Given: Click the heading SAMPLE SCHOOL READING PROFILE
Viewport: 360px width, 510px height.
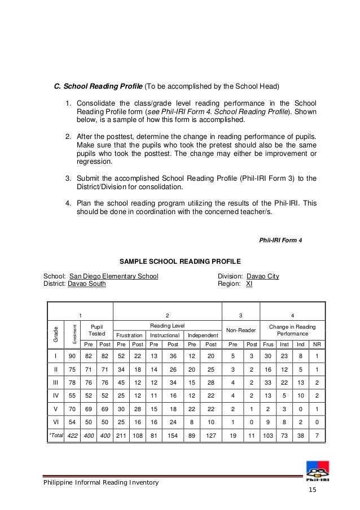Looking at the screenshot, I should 180,261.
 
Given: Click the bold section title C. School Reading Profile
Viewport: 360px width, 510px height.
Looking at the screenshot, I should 98,87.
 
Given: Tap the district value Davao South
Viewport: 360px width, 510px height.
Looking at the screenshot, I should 86,284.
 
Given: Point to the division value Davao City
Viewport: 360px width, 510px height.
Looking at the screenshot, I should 262,276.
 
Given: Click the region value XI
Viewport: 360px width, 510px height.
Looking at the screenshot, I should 249,284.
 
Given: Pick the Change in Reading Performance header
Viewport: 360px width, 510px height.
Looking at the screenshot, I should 292,330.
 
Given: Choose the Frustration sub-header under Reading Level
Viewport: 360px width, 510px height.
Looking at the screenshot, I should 130,335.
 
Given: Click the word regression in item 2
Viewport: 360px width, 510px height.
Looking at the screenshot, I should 94,162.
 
